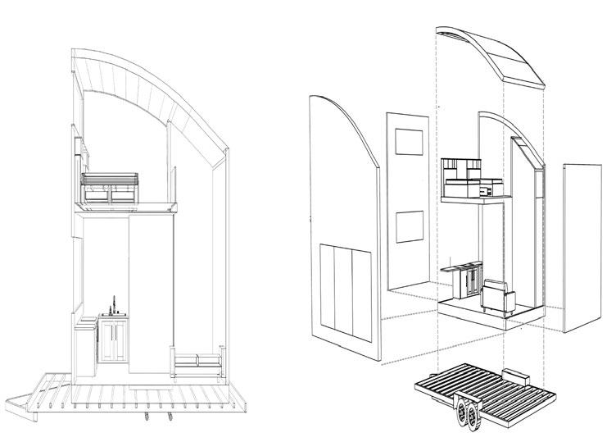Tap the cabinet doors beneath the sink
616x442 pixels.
click(114, 340)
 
